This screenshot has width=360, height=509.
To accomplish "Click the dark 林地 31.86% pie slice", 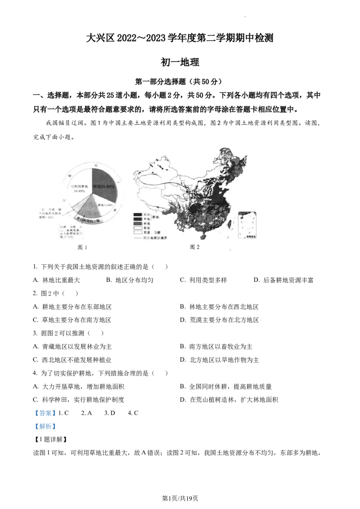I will tap(104, 185).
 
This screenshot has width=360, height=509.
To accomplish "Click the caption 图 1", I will tap(82, 247).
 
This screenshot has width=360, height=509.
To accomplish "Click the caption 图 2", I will tap(194, 247).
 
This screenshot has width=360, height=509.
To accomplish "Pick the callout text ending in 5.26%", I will tap(53, 213).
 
